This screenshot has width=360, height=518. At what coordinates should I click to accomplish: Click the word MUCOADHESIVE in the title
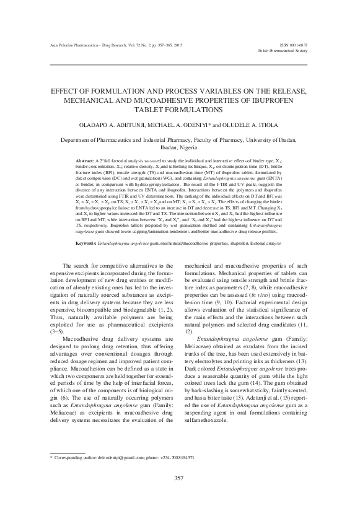click(x=163, y=99)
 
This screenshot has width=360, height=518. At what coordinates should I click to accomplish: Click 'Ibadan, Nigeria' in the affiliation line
click(x=180, y=148)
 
